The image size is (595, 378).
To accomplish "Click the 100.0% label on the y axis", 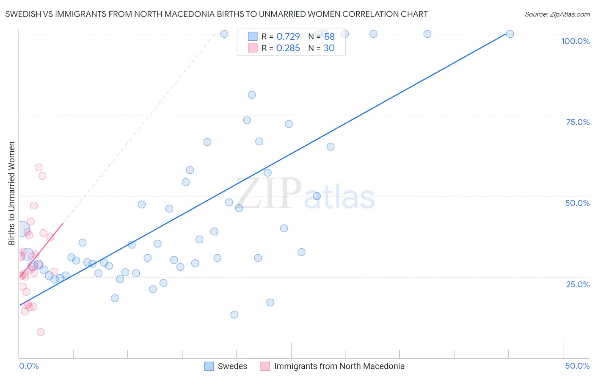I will pos(575,41).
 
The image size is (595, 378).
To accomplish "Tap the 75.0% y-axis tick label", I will pos(578,122).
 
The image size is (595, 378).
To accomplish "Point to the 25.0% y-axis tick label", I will pos(578,284).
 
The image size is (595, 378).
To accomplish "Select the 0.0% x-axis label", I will pos(29,366).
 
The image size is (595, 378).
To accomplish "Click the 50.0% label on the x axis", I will pos(577,366).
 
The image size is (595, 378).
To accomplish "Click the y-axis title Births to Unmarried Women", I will pos(11,193).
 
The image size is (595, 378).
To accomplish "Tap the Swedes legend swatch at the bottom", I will pos(209,366).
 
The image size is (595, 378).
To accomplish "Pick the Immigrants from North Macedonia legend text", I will pos(339,366).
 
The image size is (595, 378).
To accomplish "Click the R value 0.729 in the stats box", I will pos(288,36).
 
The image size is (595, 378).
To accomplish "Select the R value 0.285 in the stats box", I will pos(288,48).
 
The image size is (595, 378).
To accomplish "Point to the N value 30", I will pos(329,48).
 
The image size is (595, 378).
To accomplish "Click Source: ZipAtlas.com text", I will pos(557,14).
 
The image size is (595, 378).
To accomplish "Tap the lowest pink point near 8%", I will pos(41,332).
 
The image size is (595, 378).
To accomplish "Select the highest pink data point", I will pos(39,167).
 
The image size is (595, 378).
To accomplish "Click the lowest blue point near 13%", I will pos(234,314).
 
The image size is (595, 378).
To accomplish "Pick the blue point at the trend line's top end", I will pos(510,34).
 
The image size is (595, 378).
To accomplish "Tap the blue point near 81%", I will pos(252,95).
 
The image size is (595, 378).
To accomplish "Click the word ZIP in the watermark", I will pos(270,194).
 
